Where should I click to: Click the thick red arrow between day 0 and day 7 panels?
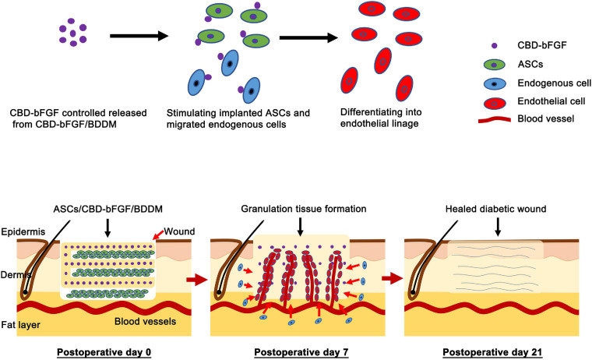pos(195,276)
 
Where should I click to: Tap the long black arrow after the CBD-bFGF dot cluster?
pos(139,35)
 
